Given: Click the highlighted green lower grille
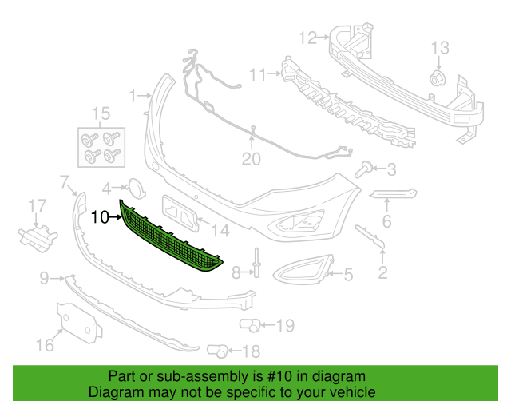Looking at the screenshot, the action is coord(169,239).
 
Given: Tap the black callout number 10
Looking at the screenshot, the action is coord(100,217).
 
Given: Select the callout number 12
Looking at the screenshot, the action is coord(307,38).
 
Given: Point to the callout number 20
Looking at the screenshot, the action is coord(252,159).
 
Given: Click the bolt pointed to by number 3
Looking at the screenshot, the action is coord(365,169).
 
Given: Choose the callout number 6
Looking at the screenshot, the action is coord(386,221).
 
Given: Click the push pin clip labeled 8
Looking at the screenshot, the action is coord(256,263).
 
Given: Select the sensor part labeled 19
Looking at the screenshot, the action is coord(250,325).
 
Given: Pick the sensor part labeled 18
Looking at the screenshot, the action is coord(217,351).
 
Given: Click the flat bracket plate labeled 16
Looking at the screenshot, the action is coord(79,323).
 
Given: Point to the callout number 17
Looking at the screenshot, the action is coord(38,206).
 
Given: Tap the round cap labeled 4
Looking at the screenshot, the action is coord(136,189).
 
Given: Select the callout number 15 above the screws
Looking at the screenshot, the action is coord(101,113).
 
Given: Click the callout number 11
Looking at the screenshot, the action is coord(257,74).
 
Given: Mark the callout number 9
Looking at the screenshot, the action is coord(45,279).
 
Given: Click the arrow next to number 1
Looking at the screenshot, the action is coord(145,96).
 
